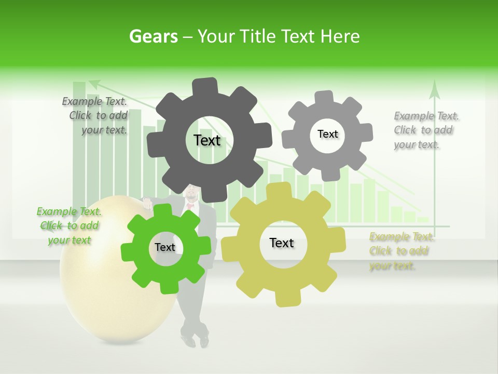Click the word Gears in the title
[153, 36]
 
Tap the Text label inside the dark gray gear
[207, 140]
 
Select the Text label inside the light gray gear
[327, 134]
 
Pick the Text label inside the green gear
[165, 247]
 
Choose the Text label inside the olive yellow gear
[282, 243]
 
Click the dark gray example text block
[96, 116]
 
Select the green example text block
[69, 225]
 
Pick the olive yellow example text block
[400, 251]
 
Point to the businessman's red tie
[190, 206]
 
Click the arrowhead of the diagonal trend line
[93, 83]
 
